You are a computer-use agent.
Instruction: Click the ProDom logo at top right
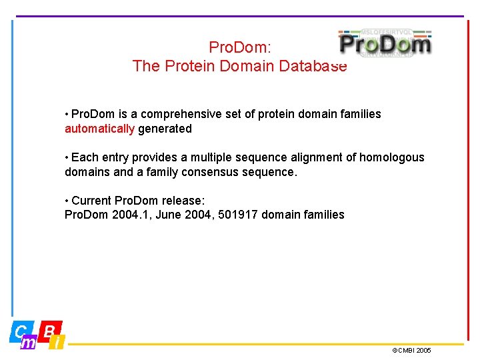point(385,44)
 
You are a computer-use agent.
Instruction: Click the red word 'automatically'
point(99,129)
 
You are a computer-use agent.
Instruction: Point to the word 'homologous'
point(391,157)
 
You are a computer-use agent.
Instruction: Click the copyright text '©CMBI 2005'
point(411,350)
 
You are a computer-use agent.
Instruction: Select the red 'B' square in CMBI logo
point(50,329)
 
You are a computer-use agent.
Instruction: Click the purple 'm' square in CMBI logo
point(29,343)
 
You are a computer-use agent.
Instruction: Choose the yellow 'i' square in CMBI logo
point(58,343)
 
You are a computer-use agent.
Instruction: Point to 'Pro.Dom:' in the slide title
point(239,47)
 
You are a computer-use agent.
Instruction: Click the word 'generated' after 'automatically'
point(165,129)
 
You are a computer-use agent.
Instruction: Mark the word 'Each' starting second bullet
point(84,157)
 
